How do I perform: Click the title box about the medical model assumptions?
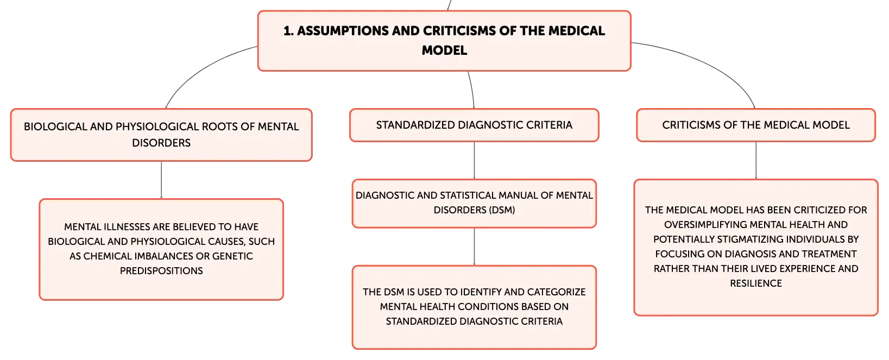coord(444,41)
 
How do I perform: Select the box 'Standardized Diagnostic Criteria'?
coord(474,125)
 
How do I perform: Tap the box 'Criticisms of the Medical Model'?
coord(755,125)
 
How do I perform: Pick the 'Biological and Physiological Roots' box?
coord(161,135)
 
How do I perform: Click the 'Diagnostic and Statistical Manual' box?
coord(474,204)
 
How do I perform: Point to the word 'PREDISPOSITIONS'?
coord(161,271)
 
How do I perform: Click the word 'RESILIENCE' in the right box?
coord(755,283)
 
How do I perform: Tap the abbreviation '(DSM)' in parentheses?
coord(502,210)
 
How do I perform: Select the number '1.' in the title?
coord(288,31)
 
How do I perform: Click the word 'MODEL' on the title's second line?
coord(444,50)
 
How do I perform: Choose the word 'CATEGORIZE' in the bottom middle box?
coord(556,292)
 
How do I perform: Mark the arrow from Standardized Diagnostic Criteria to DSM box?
coord(474,160)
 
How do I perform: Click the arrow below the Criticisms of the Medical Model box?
coord(755,160)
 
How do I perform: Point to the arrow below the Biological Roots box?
coord(161,180)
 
